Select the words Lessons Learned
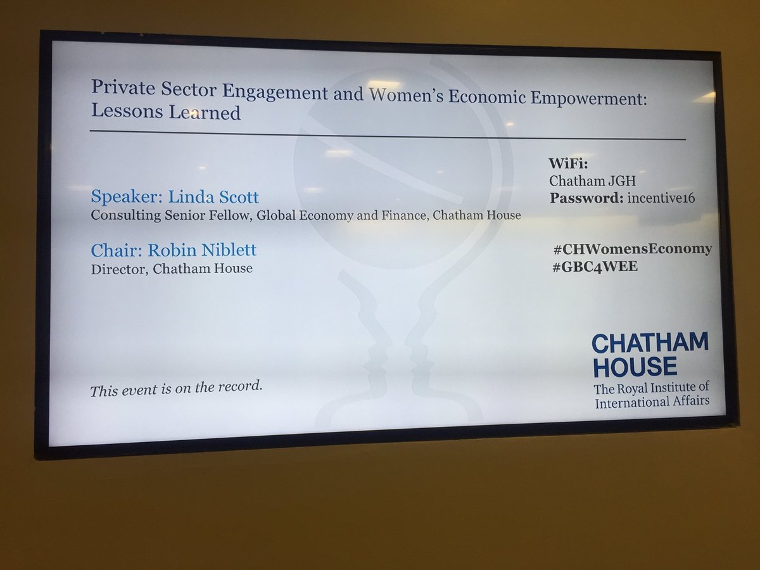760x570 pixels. (166, 113)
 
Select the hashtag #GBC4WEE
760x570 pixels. (594, 267)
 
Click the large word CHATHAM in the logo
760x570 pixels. (650, 344)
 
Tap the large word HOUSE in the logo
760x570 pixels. (634, 367)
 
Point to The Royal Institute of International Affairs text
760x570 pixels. (652, 394)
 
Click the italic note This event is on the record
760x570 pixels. (176, 388)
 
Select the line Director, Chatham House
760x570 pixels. (172, 269)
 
